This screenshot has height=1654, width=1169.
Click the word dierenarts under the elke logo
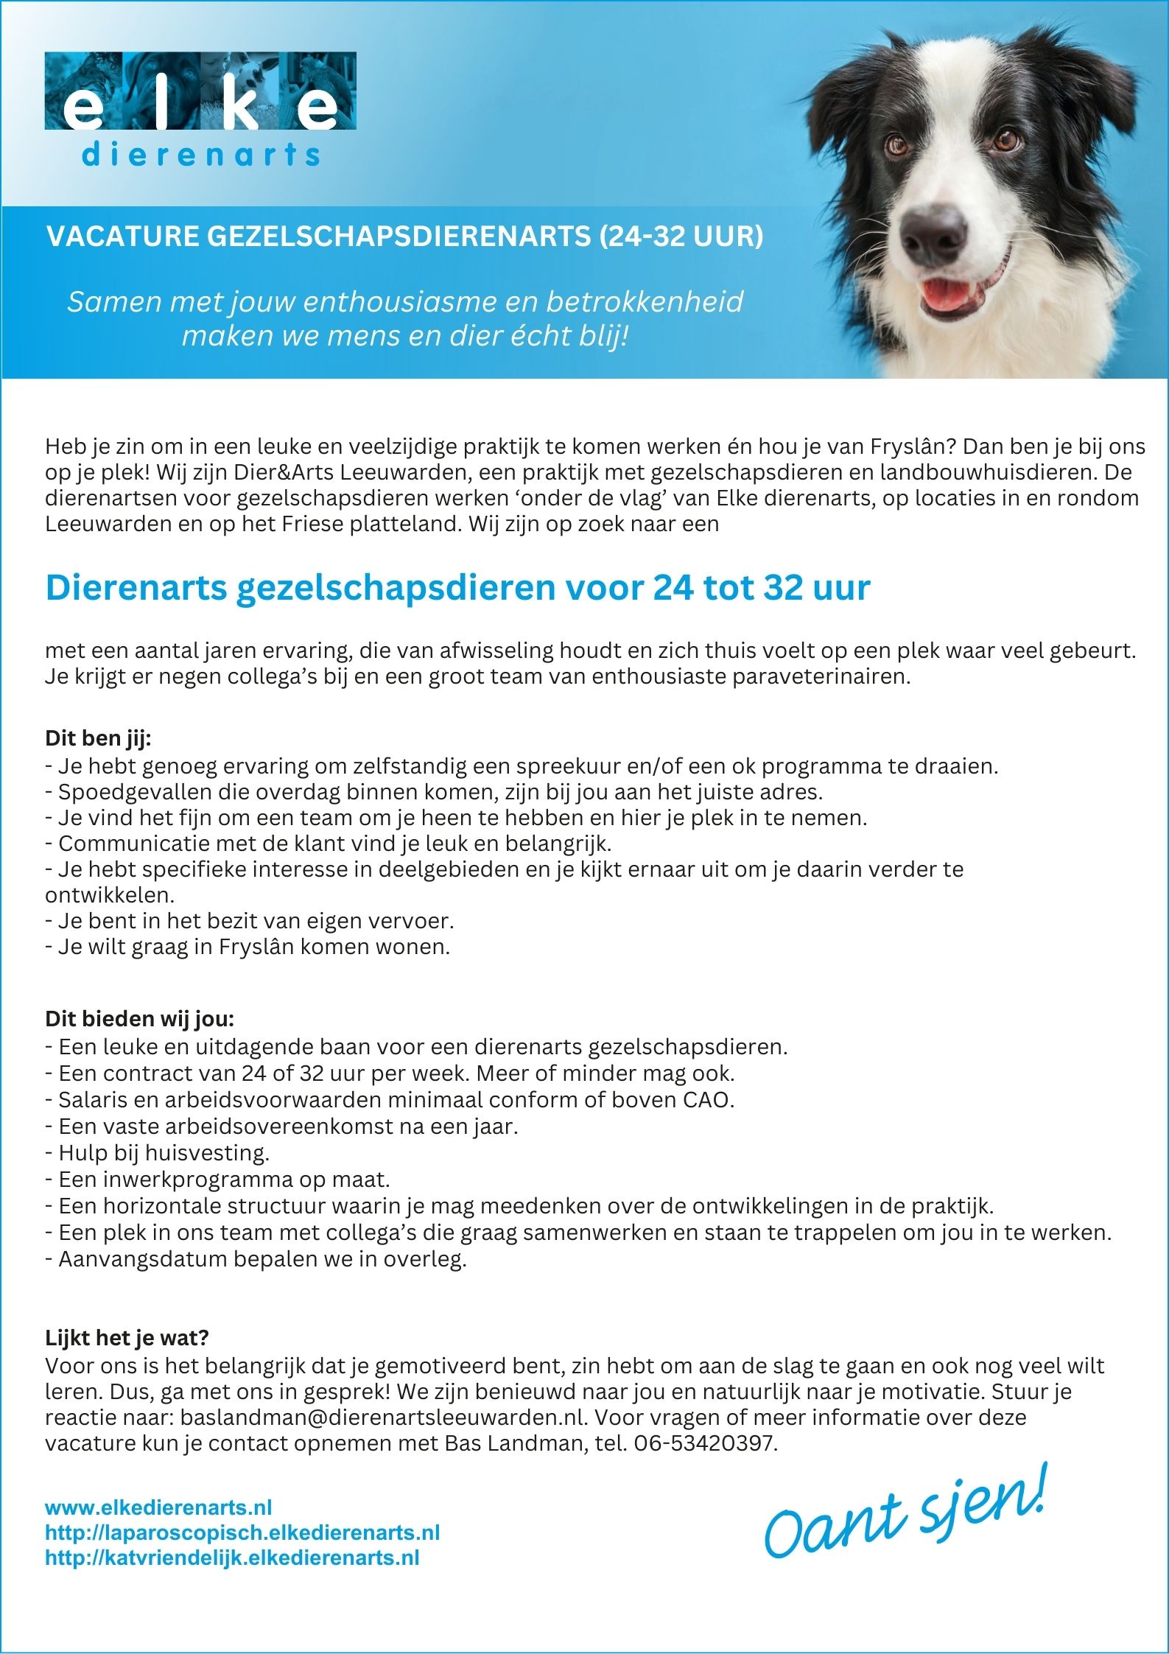200,155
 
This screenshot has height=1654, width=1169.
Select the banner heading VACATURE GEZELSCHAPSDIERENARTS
404,236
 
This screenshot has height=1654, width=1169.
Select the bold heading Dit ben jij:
98,738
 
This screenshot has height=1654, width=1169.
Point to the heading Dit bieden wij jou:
139,1020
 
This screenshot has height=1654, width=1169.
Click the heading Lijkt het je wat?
127,1337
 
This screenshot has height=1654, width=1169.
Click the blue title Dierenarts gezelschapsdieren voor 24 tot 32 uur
457,588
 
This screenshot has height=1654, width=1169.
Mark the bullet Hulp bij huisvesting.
158,1152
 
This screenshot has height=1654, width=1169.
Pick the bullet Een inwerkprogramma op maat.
217,1180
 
